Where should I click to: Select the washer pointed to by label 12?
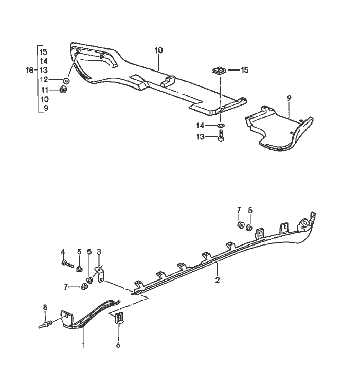[66, 81]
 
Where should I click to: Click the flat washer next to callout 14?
[220, 126]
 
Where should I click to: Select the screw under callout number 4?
[66, 264]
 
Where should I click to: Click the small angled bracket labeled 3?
[101, 273]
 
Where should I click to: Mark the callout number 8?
[45, 308]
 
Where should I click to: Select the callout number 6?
[118, 345]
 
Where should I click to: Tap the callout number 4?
[63, 252]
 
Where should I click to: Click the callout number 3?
[99, 252]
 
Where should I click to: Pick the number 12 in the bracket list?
[44, 80]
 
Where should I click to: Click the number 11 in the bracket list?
[44, 90]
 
